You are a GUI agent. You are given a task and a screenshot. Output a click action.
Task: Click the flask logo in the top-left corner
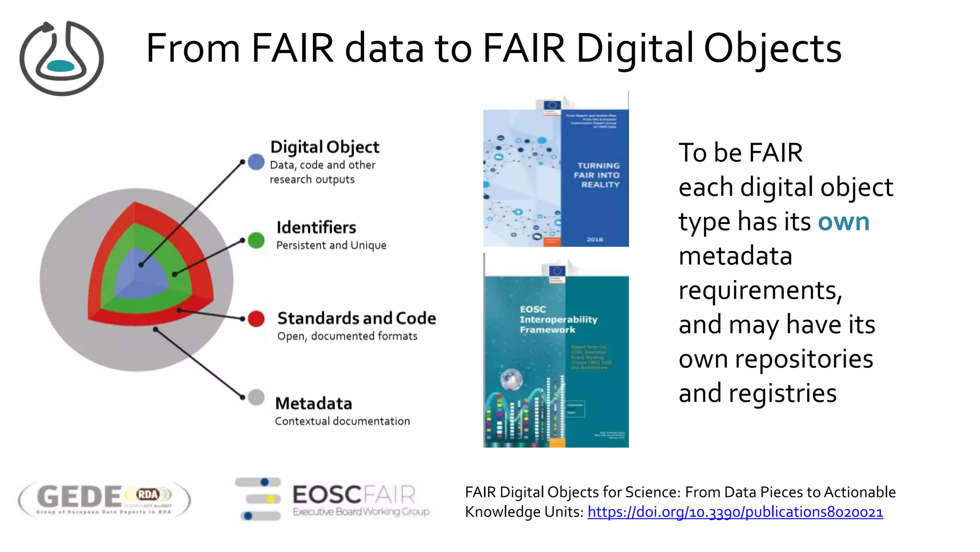[61, 58]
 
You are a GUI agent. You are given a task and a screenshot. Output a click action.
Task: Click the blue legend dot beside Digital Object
[256, 162]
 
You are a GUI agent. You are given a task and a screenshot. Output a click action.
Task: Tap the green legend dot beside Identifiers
[256, 240]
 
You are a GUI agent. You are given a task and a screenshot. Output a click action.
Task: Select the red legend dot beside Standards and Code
[256, 318]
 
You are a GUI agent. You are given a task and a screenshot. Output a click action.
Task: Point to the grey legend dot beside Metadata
[256, 397]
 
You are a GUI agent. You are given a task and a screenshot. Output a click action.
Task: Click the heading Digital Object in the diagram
[324, 147]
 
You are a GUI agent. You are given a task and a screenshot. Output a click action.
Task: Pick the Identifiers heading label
[316, 227]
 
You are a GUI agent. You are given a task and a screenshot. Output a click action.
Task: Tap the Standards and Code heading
[356, 318]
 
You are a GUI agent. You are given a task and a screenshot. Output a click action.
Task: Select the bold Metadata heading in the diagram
[313, 403]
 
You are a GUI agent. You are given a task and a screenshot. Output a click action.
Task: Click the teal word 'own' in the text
[843, 222]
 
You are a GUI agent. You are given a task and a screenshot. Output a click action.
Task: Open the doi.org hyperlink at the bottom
[735, 512]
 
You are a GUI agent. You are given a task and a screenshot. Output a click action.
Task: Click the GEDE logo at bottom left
[104, 499]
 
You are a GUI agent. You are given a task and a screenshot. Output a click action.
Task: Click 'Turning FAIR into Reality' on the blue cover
[598, 175]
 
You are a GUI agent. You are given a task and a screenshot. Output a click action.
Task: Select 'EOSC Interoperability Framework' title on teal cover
[558, 319]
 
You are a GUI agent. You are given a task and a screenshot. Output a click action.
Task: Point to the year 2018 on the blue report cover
[594, 239]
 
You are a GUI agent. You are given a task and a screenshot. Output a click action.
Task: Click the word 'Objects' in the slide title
[772, 48]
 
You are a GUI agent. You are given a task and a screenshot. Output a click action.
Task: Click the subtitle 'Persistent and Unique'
[331, 245]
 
